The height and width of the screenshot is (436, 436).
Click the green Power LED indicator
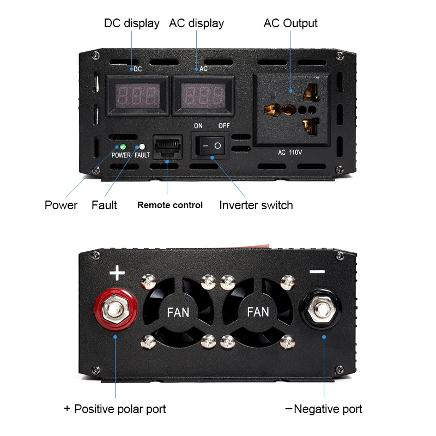click(x=123, y=147)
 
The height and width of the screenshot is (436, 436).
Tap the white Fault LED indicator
click(x=142, y=147)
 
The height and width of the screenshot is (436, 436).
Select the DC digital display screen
click(x=136, y=95)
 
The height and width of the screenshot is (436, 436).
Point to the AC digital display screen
click(x=203, y=95)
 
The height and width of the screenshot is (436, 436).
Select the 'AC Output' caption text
click(x=290, y=23)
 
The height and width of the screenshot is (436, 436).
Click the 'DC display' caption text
click(x=131, y=23)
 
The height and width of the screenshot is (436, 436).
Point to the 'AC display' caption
click(x=196, y=23)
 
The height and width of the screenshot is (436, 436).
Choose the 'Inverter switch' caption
click(x=256, y=205)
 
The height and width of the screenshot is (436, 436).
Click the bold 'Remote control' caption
click(x=169, y=205)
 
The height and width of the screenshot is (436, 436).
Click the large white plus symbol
click(x=117, y=272)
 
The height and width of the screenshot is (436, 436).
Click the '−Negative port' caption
click(x=324, y=409)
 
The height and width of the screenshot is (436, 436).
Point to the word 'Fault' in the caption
click(x=104, y=205)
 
